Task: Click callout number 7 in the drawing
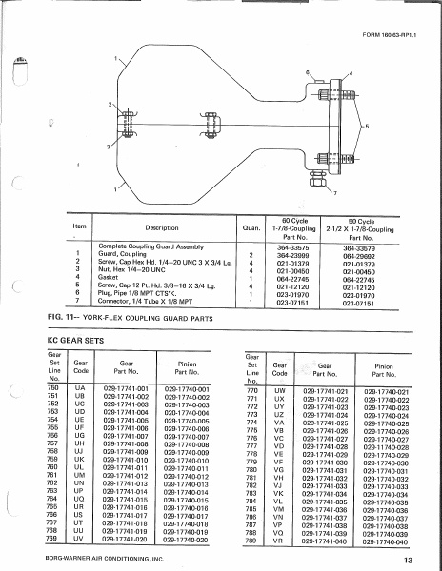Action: [x=336, y=193]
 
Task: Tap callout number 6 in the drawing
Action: [x=307, y=73]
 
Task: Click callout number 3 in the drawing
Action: [x=110, y=147]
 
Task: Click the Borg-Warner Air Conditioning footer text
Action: [x=102, y=560]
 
